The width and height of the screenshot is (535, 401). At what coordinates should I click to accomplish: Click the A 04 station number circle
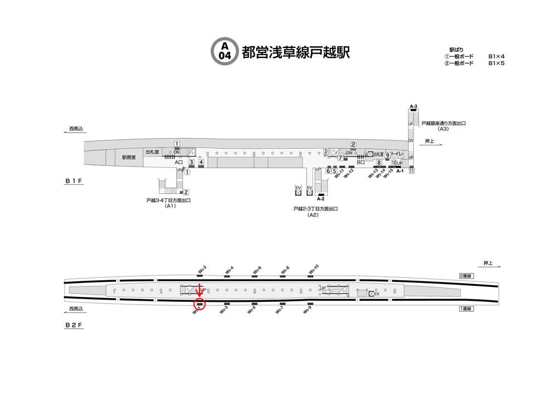[224, 51]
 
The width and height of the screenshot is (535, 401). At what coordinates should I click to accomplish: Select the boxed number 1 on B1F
[177, 144]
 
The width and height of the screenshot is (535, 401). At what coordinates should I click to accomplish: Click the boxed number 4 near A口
[201, 163]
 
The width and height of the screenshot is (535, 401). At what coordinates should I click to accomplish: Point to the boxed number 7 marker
[339, 158]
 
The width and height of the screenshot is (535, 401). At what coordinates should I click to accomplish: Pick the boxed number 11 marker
[411, 171]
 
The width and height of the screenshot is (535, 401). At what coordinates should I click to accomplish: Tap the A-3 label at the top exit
[413, 106]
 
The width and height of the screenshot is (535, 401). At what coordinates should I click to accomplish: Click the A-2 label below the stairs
[320, 198]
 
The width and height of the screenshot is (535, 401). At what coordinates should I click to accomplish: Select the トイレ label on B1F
[397, 154]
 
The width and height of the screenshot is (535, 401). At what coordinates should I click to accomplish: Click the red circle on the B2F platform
[200, 304]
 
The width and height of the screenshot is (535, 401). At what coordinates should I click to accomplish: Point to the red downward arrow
[200, 291]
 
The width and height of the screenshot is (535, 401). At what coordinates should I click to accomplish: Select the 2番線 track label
[466, 276]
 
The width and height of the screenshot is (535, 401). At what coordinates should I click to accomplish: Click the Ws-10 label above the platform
[313, 270]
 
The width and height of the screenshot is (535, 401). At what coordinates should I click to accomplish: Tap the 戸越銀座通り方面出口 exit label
[444, 123]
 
